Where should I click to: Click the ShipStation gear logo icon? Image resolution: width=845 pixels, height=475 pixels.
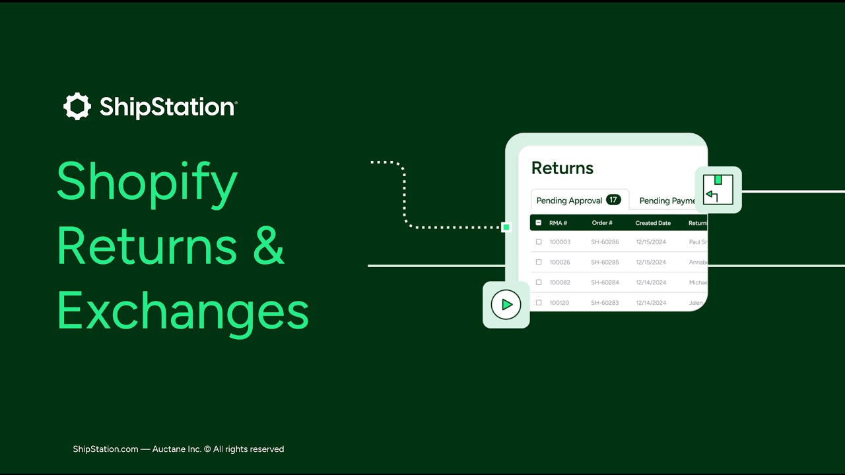[x=77, y=106]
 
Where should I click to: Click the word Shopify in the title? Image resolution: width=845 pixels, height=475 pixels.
[x=147, y=183]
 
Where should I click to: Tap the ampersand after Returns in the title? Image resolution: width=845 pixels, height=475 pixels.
[x=268, y=246]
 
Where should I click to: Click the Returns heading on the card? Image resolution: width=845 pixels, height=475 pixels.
[x=562, y=168]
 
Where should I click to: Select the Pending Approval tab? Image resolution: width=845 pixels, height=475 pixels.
[x=569, y=201]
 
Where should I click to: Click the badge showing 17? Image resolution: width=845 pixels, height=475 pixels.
[x=613, y=200]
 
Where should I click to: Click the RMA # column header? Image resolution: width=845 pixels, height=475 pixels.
[x=558, y=223]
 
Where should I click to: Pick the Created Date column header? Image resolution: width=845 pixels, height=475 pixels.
[x=653, y=223]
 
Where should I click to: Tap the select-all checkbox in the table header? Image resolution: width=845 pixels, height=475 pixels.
[x=539, y=223]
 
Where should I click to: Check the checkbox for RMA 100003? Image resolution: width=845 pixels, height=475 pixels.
[x=539, y=242]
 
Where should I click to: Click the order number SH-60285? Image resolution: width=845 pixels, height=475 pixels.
[x=605, y=262]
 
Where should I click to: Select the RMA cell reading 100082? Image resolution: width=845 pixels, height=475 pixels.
[x=560, y=282]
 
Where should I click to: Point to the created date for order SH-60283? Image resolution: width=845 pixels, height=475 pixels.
[x=651, y=303]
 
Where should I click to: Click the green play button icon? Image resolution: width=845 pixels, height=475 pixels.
[x=506, y=305]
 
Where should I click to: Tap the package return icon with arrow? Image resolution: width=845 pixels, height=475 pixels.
[x=718, y=190]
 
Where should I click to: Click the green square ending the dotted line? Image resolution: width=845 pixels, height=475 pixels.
[x=506, y=227]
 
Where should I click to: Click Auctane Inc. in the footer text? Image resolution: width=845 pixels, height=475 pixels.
[x=176, y=449]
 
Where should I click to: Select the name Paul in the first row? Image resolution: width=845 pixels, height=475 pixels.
[x=695, y=242]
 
